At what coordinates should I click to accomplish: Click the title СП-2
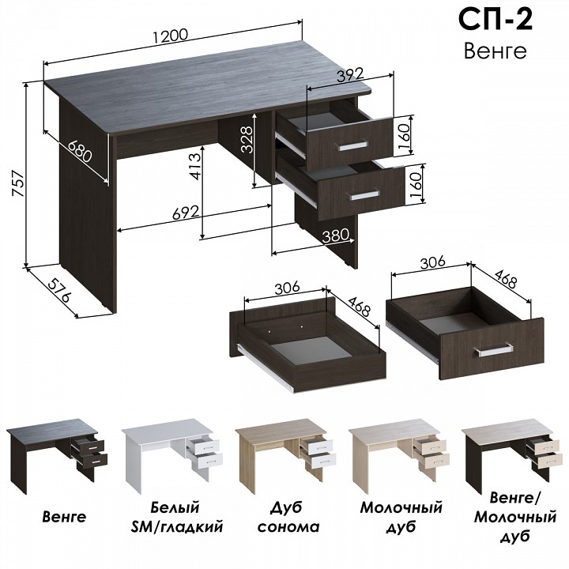496,20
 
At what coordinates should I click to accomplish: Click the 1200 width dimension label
170,36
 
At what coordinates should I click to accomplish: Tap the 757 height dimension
18,183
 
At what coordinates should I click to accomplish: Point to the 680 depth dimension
80,151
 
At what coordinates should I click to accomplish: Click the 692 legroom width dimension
186,213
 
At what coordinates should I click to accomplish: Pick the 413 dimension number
194,166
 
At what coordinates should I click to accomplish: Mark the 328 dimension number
247,140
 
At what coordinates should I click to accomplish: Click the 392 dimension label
350,75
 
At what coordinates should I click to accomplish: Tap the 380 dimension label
336,236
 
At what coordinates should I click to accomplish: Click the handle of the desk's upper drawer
352,146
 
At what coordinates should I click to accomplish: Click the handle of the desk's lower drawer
364,195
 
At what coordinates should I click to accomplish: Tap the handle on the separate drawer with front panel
494,350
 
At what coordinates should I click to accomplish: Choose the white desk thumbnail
171,454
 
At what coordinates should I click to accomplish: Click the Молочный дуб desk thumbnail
399,455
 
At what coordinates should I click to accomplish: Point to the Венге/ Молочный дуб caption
515,517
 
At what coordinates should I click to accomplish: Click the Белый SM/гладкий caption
177,517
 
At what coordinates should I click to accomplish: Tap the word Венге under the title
495,51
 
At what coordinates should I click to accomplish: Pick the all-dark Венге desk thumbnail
57,455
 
